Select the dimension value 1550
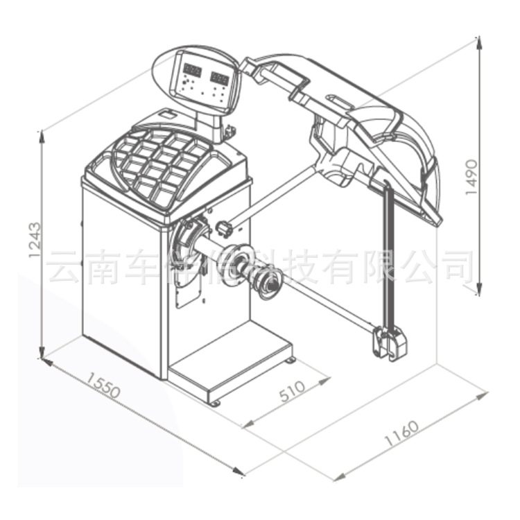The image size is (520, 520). coord(103,386)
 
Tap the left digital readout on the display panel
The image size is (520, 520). coord(192,71)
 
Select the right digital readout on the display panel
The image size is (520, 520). coord(219,77)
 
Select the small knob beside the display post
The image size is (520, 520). coord(229,129)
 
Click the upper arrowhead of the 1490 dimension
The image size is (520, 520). coord(478,41)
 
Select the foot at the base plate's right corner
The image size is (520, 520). coord(291,360)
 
